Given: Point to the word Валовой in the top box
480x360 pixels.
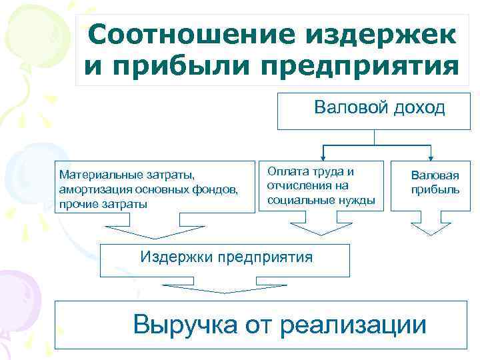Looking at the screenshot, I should tap(349, 108).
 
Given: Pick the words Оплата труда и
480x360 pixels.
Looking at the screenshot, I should tap(311, 172).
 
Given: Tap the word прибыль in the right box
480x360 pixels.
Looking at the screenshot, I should tap(435, 190).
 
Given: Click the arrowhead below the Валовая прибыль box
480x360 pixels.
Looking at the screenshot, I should tap(431, 229).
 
